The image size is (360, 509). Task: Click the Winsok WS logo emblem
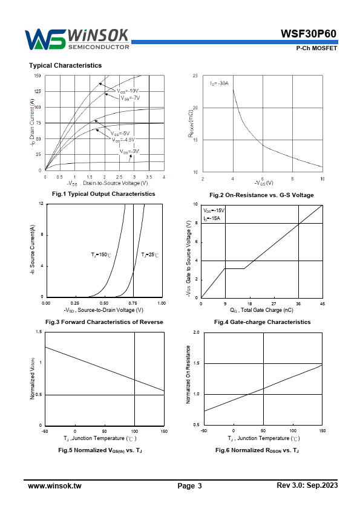point(45,40)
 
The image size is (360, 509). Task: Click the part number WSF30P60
point(309,34)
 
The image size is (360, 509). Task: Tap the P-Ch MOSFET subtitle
point(316,48)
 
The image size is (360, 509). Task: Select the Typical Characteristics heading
point(65,65)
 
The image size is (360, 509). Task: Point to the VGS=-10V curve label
point(128,91)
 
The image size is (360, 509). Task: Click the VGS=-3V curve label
point(129,152)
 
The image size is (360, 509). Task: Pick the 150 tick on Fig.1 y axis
point(38,76)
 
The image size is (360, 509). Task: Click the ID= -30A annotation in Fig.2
point(219,83)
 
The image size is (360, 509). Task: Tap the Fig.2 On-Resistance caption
point(261,195)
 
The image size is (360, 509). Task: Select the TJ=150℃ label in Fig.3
point(101,255)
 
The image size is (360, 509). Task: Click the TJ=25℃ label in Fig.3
point(150,255)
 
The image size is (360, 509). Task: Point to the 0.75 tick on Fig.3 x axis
point(133,303)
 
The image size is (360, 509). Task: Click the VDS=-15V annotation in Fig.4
point(214,211)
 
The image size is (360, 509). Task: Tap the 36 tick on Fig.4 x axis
point(298,304)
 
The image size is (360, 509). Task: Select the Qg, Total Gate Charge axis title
point(261,310)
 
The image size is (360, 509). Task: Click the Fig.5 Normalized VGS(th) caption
point(100,450)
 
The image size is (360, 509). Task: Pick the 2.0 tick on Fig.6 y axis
point(196,332)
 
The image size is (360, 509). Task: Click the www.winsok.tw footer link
point(54,486)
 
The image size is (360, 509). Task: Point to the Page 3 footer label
point(190,486)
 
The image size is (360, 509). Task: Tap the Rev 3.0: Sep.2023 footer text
point(307,485)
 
